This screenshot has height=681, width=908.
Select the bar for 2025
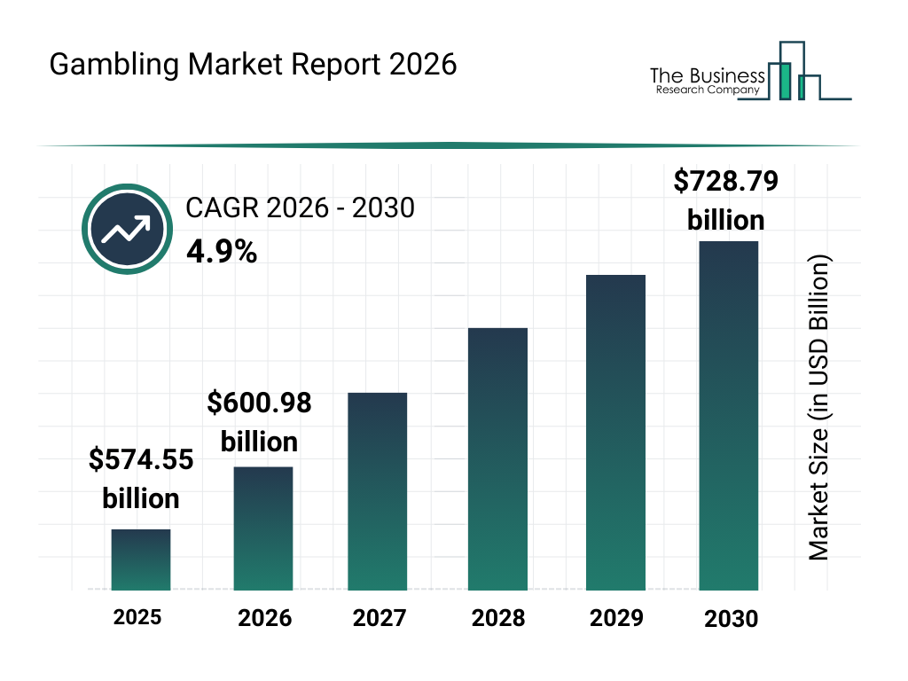141,560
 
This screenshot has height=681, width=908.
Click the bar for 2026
263,528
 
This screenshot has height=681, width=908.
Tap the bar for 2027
378,491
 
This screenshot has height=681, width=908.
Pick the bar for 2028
497,458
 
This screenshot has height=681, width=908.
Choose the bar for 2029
616,432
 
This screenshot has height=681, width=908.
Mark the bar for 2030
729,415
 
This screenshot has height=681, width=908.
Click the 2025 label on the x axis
137,616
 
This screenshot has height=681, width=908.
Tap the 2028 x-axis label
497,618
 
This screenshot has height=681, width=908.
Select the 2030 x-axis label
732,619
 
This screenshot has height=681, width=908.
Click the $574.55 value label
141,459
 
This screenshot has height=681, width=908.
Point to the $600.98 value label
260,403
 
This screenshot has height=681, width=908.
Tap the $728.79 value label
726,181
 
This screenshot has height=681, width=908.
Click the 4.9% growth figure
222,253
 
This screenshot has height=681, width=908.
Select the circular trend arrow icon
126,230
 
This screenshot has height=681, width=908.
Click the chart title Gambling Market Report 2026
253,65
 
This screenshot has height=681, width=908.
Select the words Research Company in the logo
708,90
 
